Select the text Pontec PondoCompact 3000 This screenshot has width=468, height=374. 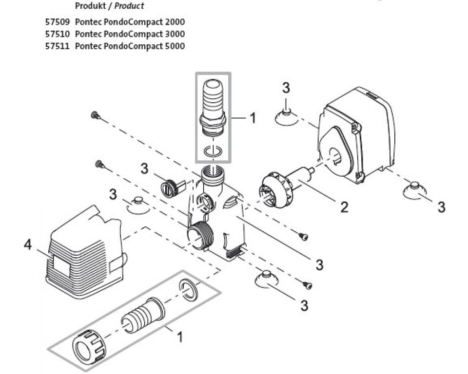(x=130, y=34)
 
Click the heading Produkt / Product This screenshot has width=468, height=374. (x=110, y=6)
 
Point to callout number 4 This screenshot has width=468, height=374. (x=28, y=245)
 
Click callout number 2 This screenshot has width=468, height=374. (x=344, y=206)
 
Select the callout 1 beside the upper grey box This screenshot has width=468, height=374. (x=252, y=118)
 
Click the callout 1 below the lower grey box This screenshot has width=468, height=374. (x=179, y=336)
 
